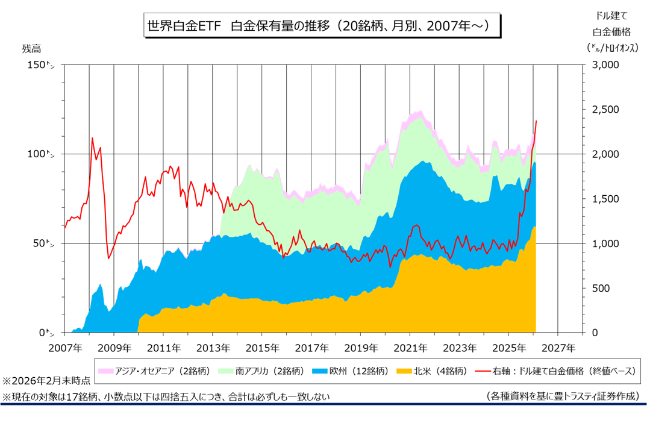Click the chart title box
coord(323,27)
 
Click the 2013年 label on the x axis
coord(213,348)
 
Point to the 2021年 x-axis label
coord(410,348)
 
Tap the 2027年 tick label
coord(557,348)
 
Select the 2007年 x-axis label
coord(64,348)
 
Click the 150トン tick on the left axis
coord(42,64)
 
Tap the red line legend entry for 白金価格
coord(557,370)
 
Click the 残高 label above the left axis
coord(31,48)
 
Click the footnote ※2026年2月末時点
coord(47,381)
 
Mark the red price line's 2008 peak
coord(92,138)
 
